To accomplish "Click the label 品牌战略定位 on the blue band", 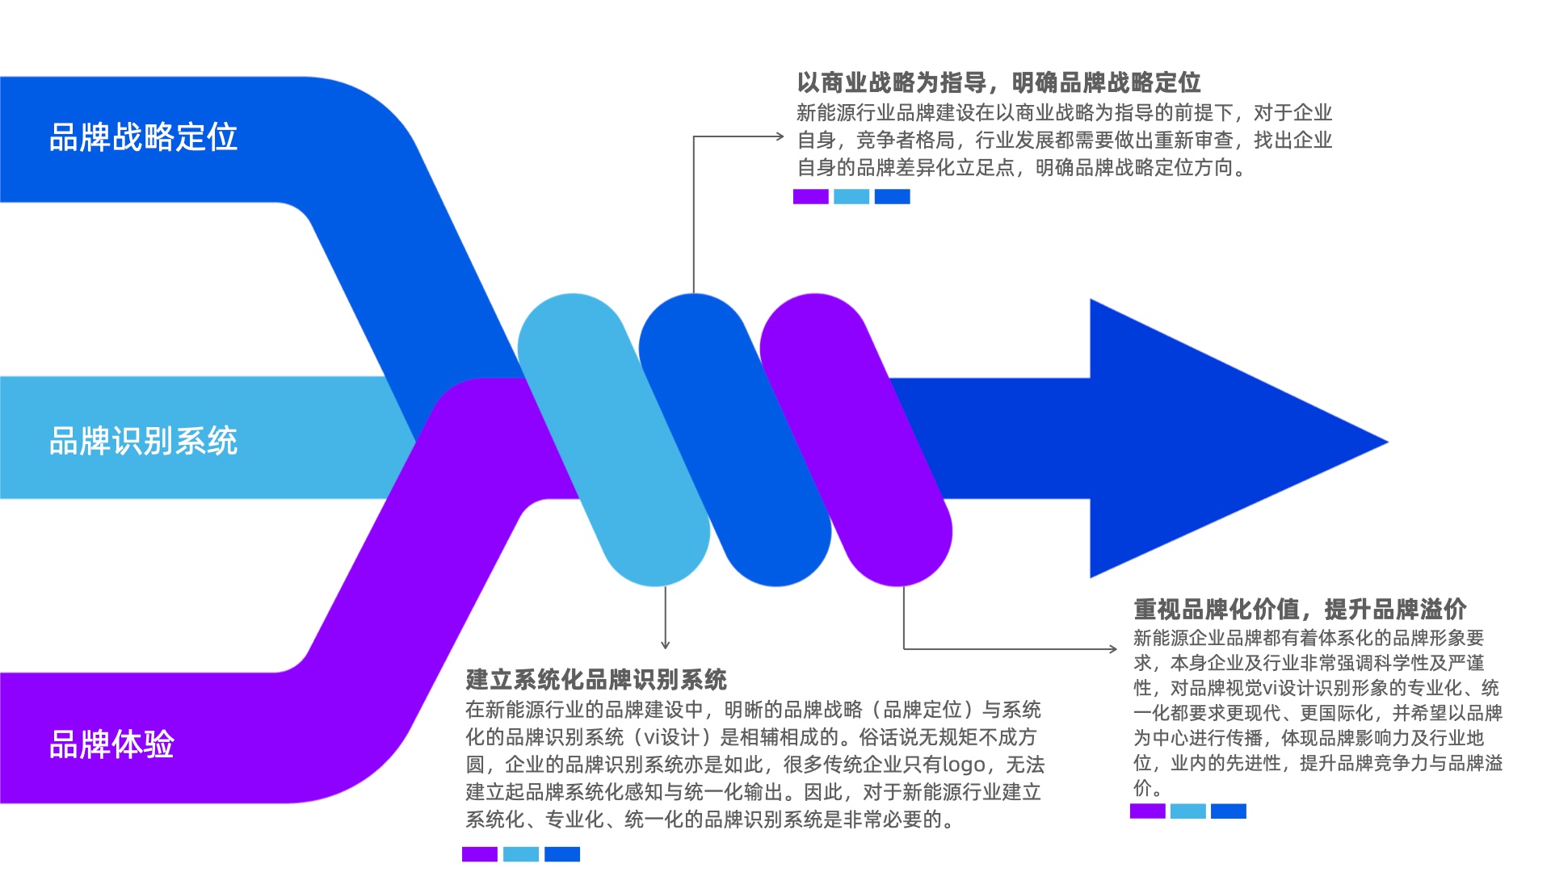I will click(143, 137).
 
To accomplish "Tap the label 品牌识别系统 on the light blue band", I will click(143, 441).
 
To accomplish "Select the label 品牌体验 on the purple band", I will click(111, 744).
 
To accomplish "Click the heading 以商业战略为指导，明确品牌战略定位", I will click(998, 82).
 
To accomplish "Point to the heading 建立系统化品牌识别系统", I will click(596, 680).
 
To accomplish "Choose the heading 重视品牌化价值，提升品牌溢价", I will click(1300, 609).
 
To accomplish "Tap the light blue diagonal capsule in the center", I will click(614, 440).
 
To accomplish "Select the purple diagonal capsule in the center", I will click(856, 440).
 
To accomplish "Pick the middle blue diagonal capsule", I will click(735, 440).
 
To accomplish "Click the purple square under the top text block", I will click(810, 196).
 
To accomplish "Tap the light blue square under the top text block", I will click(851, 196).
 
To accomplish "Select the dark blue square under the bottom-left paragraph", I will click(562, 854).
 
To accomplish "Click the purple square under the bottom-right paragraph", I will click(1147, 811).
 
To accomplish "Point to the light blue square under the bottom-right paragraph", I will click(1187, 811).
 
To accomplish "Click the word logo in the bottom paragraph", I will click(964, 765).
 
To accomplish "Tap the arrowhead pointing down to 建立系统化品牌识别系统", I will click(666, 644).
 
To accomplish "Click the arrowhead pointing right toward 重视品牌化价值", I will click(1113, 648).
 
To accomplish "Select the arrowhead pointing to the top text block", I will click(780, 136).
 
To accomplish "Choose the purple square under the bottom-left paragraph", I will click(480, 854).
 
